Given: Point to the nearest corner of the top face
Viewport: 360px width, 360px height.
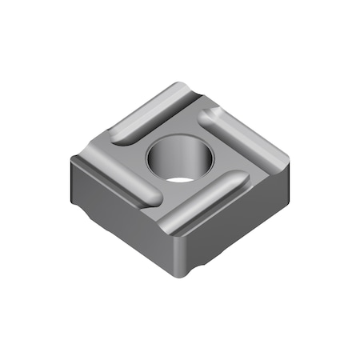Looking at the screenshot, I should (x=172, y=230).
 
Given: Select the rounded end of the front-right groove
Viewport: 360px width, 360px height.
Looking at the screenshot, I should (x=240, y=180).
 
